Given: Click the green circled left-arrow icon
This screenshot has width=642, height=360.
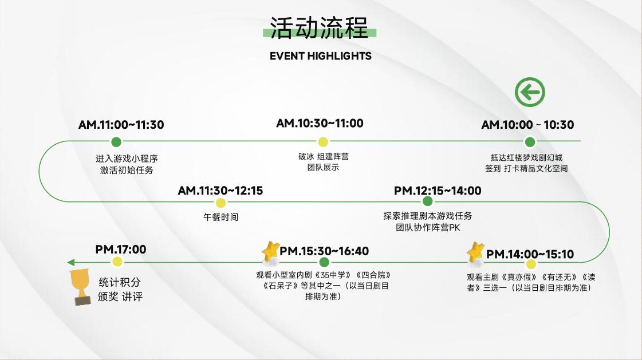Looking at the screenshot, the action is tap(530, 92).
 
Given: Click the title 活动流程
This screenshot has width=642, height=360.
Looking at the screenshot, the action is tap(320, 28).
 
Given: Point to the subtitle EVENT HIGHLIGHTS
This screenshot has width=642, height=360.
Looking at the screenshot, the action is tap(321, 56).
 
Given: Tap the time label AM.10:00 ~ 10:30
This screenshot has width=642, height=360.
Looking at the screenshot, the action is tap(527, 125).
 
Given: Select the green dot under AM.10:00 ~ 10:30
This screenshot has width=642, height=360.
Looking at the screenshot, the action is tap(530, 142).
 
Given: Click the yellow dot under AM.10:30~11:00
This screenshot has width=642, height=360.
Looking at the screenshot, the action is tap(323, 142).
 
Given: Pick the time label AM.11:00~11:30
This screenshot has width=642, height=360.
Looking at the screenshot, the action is tap(121, 125).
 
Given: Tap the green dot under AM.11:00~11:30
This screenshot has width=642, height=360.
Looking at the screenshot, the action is tap(116, 142).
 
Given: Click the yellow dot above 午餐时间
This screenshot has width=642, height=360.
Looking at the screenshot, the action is tap(220, 203).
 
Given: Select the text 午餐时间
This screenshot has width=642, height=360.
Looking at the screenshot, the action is tap(220, 217).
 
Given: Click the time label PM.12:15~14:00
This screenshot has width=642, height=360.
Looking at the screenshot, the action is tap(438, 191).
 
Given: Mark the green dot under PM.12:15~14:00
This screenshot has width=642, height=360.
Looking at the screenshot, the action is tap(427, 201).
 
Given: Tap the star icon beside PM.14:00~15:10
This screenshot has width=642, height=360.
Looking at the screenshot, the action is tap(475, 252).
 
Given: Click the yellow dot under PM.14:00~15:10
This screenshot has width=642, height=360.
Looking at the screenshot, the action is tap(531, 264).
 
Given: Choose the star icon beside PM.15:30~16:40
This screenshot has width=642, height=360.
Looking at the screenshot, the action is tap(270, 251).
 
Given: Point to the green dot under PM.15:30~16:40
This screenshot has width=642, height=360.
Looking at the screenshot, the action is tap(324, 262).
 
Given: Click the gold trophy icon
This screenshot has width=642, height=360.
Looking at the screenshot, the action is tap(81, 287).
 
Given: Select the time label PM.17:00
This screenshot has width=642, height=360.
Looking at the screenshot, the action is tap(121, 249).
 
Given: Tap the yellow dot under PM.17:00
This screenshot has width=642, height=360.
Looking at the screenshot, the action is tap(117, 262).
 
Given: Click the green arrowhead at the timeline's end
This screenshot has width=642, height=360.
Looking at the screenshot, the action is tap(70, 262).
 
